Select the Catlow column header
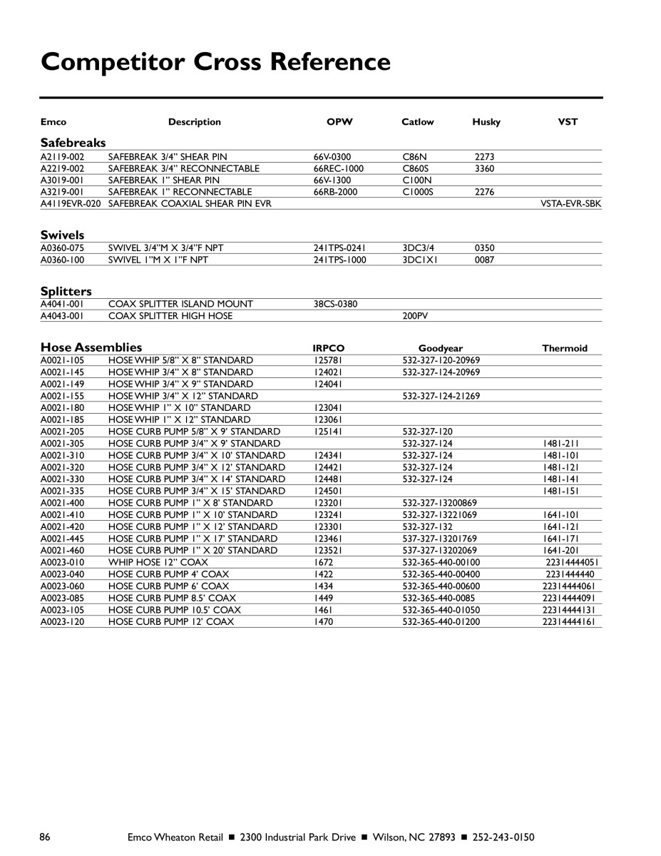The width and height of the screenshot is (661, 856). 417,122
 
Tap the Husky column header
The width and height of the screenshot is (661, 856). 486,122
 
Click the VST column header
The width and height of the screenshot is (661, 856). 568,122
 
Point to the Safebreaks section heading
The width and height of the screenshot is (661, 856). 73,143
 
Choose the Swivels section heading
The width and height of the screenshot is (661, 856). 62,235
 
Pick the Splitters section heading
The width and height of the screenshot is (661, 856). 66,291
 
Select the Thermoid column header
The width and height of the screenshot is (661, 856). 565,348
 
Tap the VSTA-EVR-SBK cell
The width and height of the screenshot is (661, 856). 571,204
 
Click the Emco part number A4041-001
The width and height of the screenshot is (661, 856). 62,304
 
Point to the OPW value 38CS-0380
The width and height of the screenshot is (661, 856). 335,304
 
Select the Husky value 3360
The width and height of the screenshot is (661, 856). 484,168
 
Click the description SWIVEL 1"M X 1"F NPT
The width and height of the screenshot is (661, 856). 158,260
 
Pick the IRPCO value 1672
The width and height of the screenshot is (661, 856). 323,562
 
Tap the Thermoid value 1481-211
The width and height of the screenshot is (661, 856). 560,443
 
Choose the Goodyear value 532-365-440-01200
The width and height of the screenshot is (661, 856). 441,621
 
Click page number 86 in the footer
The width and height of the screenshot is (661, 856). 45,837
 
